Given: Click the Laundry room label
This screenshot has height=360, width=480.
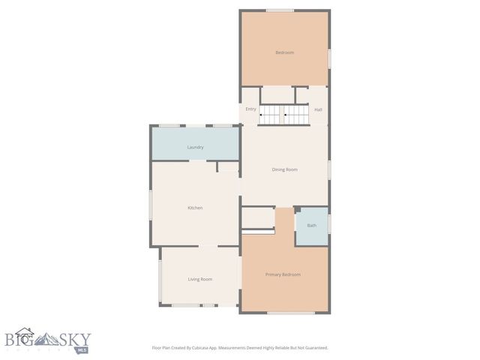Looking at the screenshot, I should click(195, 147).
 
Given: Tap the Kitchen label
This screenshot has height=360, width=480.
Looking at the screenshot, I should click(195, 208).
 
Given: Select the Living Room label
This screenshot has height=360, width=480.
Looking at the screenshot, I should click(199, 279).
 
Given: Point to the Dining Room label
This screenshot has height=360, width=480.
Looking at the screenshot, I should click(284, 169).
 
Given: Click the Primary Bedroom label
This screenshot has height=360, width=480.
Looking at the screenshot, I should click(283, 274).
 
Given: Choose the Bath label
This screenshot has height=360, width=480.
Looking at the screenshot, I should click(311, 225).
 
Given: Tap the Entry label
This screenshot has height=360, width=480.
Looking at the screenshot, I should click(250, 109).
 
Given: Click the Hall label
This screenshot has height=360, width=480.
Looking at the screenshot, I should click(318, 109).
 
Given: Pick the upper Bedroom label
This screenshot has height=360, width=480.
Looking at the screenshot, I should click(284, 52).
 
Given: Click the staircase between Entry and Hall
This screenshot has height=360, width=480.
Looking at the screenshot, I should click(284, 115).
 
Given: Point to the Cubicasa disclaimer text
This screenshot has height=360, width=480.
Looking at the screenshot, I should click(240, 348).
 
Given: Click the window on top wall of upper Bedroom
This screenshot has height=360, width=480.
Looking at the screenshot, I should click(280, 10).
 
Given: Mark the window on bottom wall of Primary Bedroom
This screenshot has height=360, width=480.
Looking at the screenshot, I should click(290, 313).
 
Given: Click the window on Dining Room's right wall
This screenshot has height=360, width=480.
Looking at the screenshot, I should click(328, 169).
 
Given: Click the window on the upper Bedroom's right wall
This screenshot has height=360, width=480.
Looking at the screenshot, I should click(328, 58).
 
